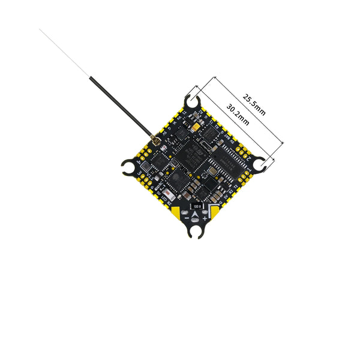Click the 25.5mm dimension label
(x=254, y=103)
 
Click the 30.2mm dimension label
(x=238, y=113)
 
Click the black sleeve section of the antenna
(x=117, y=103)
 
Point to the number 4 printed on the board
(x=141, y=162)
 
